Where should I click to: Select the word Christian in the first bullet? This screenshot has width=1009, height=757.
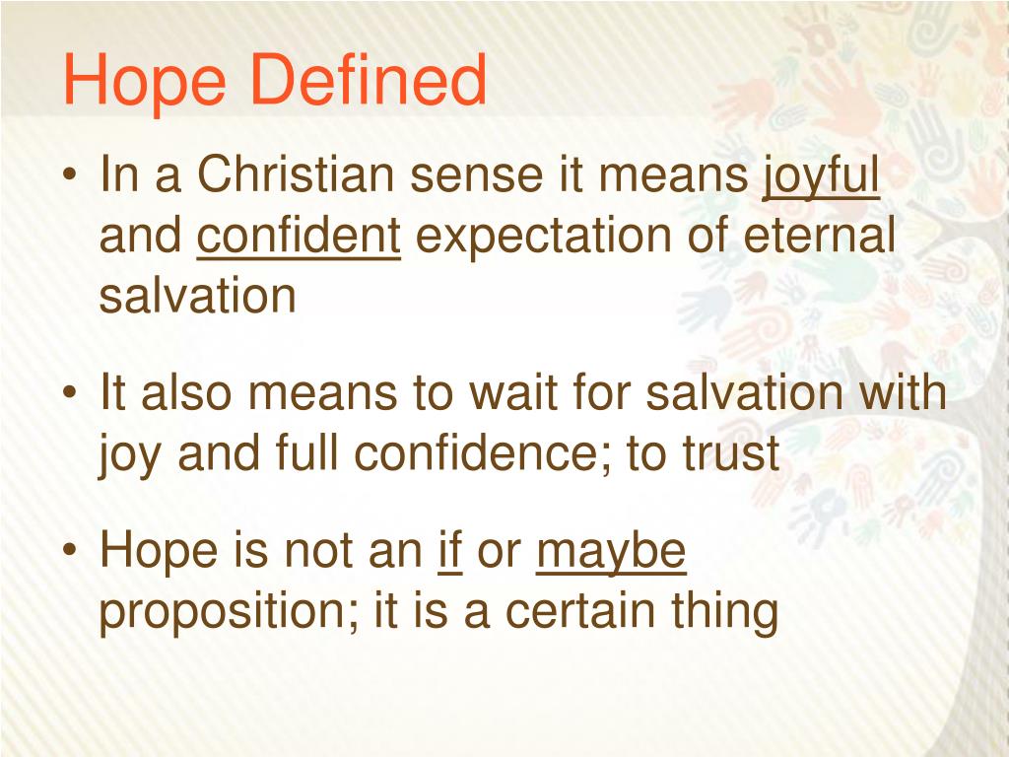(x=298, y=177)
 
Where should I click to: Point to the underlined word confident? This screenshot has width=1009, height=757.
(x=299, y=237)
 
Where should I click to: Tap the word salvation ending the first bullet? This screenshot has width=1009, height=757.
(x=197, y=296)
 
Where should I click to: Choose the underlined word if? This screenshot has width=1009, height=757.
(x=450, y=552)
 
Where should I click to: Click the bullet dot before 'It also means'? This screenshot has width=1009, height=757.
(x=71, y=395)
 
